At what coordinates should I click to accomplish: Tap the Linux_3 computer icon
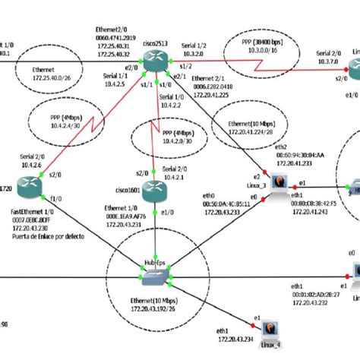tap(279, 182)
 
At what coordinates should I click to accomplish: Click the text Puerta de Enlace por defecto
tap(49, 236)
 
